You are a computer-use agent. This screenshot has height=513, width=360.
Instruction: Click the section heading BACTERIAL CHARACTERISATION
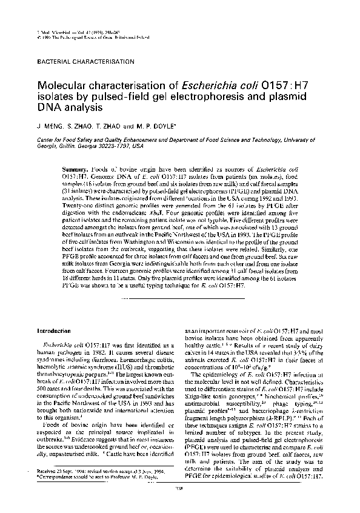click(x=85, y=62)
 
